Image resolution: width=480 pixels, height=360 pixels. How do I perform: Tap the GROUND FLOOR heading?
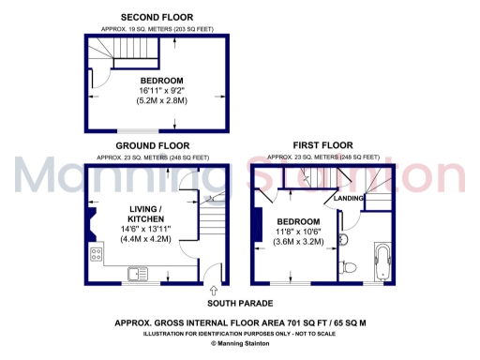coord(152,146)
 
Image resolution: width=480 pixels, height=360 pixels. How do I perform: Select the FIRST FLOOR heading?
coord(323,146)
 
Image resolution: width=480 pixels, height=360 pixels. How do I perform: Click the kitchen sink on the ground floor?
coord(137,273)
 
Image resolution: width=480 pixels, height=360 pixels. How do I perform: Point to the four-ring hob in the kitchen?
coord(96,254)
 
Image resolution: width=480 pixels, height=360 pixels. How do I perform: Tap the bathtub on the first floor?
coord(384,262)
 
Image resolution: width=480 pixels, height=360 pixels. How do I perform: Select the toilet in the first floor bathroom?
coord(350,267)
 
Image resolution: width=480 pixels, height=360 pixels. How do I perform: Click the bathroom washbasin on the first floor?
coord(344,240)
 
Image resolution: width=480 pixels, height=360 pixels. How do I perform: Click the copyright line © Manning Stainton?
coord(239,343)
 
